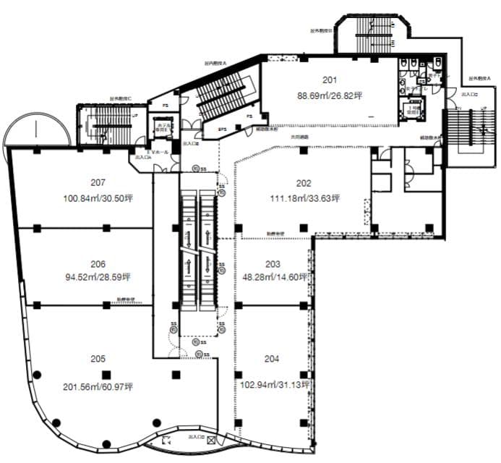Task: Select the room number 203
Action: (273, 264)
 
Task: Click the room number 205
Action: (98, 359)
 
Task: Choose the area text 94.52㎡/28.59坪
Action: (98, 276)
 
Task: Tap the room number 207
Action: (98, 182)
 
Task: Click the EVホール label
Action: (158, 153)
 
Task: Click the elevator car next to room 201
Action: (414, 111)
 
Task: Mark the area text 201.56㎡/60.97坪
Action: (98, 387)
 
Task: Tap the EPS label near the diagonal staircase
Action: (222, 129)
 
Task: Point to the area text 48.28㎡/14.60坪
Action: (276, 277)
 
